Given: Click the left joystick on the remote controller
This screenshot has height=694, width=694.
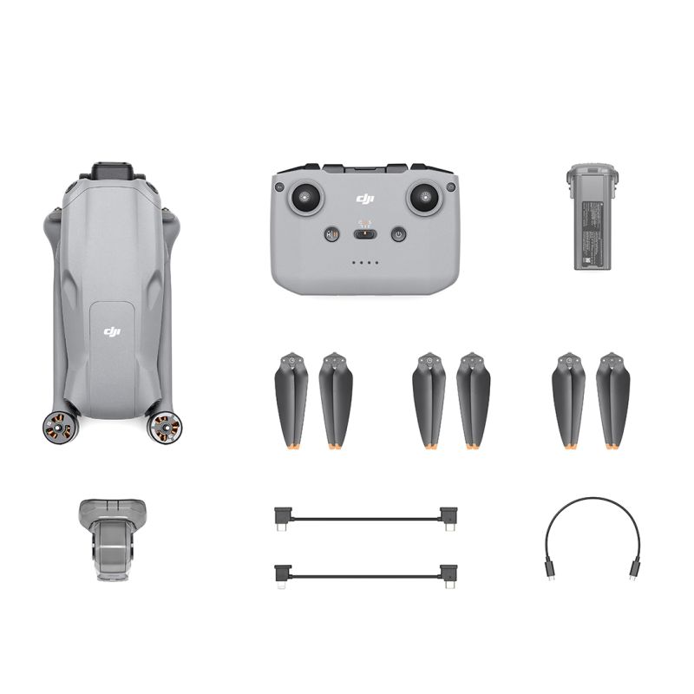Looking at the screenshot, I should (x=305, y=197).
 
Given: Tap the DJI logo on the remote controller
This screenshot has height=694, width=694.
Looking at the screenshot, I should (x=364, y=200).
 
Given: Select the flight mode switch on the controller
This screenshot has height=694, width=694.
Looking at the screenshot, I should (x=365, y=233).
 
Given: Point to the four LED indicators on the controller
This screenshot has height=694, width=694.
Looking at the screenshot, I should (x=364, y=263).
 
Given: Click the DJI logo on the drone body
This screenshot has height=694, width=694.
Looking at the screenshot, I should (x=111, y=331).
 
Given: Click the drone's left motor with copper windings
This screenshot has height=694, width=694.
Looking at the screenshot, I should (x=55, y=426).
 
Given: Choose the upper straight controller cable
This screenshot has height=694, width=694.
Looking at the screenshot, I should (x=365, y=518).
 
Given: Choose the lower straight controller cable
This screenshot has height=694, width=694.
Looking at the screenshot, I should (x=365, y=573).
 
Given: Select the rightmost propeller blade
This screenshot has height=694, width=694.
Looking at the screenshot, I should (x=612, y=399).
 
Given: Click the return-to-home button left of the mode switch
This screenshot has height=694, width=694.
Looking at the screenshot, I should (x=331, y=234).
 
